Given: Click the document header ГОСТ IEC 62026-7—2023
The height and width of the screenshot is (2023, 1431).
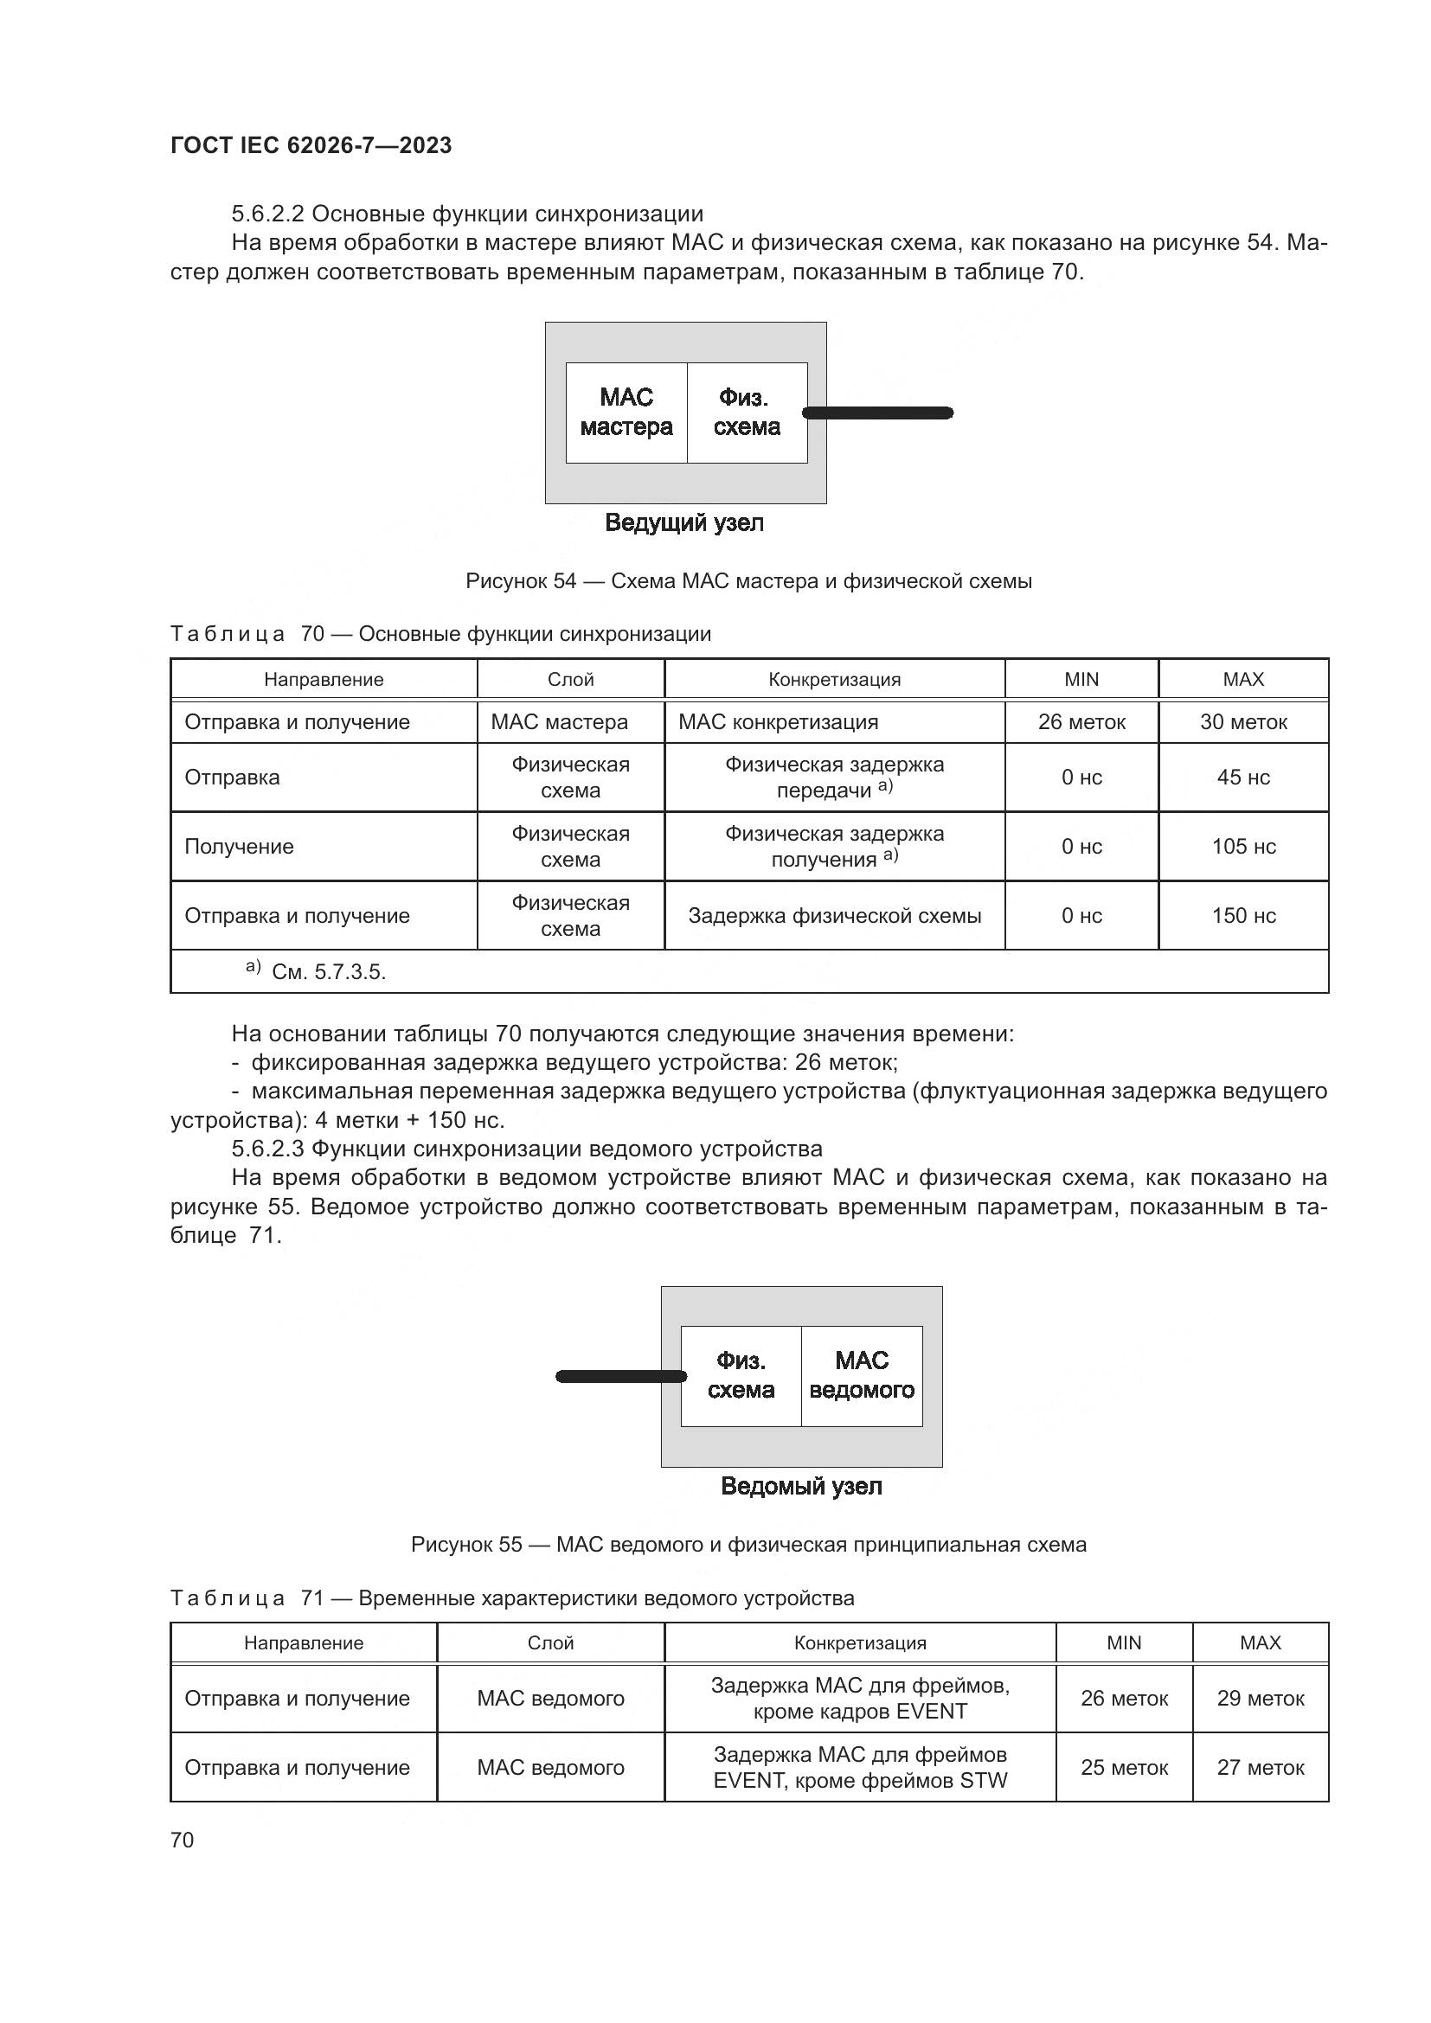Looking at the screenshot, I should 311,145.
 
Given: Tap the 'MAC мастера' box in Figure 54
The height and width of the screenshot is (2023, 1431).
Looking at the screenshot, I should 626,413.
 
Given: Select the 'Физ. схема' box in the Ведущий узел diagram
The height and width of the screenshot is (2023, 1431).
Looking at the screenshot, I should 747,413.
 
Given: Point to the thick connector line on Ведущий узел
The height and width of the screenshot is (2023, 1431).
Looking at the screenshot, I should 878,413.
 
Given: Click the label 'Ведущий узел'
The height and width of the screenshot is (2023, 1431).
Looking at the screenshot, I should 683,522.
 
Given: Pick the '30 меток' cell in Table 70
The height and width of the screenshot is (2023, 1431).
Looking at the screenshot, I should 1242,721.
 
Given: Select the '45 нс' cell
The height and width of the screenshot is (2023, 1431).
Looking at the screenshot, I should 1242,778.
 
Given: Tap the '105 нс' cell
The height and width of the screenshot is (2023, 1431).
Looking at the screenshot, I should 1242,846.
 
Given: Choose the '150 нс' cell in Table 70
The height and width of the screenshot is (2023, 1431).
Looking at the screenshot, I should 1242,915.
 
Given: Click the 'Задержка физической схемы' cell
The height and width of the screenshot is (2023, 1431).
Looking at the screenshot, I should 833,915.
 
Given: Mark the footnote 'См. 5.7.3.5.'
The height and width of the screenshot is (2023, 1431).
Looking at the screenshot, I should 328,972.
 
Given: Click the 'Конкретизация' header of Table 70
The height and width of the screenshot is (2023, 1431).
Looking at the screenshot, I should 833,679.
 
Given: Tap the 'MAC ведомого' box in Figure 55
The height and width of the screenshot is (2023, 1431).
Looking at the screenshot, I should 861,1375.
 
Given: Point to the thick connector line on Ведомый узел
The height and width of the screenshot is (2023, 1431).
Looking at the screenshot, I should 619,1376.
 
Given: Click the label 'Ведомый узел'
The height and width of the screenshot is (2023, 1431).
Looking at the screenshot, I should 801,1487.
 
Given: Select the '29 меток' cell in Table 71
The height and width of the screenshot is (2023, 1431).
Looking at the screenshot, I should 1259,1698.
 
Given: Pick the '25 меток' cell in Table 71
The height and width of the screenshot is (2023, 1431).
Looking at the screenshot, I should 1124,1767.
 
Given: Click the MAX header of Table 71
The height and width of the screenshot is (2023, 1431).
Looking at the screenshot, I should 1259,1642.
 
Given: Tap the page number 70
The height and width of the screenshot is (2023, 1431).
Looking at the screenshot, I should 183,1840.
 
